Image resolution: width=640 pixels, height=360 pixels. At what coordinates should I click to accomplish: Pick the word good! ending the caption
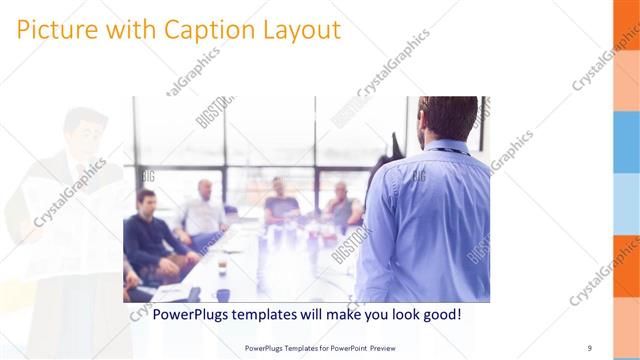click(x=440, y=315)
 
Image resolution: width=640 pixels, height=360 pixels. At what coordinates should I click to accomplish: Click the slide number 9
click(x=589, y=347)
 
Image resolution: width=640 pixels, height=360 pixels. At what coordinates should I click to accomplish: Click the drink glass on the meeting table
click(x=222, y=264)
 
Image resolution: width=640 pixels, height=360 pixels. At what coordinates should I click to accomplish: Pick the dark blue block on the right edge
click(x=626, y=140)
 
